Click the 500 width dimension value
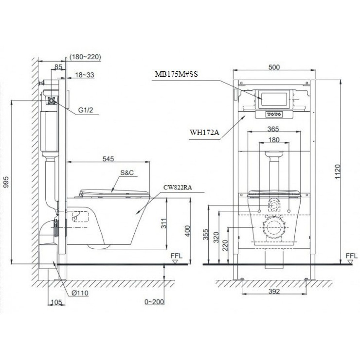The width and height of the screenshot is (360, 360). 274,67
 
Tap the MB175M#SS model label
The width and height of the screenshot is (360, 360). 176,75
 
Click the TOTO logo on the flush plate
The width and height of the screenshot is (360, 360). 274,114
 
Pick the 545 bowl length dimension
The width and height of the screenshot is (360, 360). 108,159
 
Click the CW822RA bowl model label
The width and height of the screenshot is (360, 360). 178,187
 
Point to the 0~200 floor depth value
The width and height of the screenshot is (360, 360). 154,302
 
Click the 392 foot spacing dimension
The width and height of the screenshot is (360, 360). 274,291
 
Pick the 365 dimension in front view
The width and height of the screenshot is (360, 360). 274,129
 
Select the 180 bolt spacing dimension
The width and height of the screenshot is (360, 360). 274,140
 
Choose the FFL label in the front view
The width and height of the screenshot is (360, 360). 351,256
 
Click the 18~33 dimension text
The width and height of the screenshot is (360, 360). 85,75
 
